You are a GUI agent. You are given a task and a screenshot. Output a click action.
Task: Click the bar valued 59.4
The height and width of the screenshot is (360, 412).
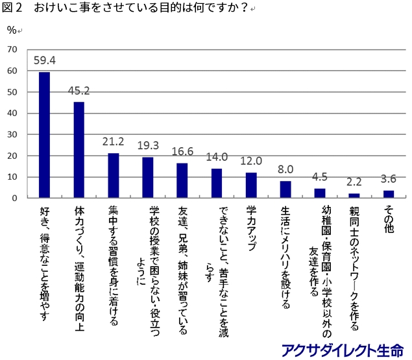45,135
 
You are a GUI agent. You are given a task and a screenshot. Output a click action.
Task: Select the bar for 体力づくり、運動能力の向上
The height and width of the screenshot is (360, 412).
79,150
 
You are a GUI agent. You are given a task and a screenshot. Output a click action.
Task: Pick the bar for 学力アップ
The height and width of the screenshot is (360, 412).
251,185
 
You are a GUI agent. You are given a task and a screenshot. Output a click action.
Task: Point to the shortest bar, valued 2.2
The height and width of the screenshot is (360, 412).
354,195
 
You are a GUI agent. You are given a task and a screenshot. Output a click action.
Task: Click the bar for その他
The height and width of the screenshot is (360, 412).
389,194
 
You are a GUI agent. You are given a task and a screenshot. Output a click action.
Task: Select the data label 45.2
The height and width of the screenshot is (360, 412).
79,91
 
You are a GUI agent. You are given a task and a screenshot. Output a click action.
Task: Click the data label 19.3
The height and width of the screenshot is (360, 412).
149,147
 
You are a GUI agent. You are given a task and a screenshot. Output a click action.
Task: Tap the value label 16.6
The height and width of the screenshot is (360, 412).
183,152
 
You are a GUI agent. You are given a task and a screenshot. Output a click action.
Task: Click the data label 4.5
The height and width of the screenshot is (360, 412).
321,178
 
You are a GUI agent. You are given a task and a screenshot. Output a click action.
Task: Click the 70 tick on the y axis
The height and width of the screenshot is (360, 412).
12,49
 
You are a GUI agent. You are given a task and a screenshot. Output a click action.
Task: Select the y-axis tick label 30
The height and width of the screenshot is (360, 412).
12,134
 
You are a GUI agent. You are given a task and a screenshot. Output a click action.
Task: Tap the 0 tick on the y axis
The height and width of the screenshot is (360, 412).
15,198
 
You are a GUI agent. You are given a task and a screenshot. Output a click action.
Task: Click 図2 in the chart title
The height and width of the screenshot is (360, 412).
14,8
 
